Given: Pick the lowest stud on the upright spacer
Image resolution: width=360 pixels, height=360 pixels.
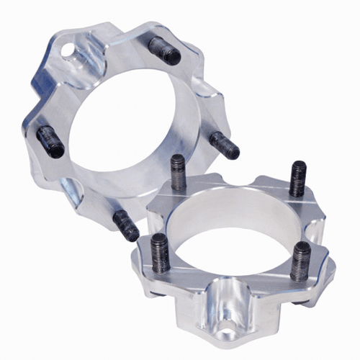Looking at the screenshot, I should pyautogui.click(x=127, y=225).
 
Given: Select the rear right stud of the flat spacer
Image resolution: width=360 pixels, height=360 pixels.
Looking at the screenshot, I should pyautogui.click(x=298, y=177).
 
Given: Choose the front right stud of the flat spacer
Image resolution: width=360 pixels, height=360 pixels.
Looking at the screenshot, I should pyautogui.click(x=301, y=258).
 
